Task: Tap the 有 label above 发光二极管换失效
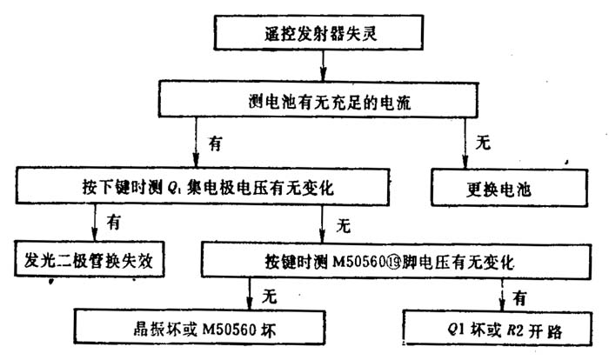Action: coord(113,223)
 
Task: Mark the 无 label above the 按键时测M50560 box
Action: coord(343,227)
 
